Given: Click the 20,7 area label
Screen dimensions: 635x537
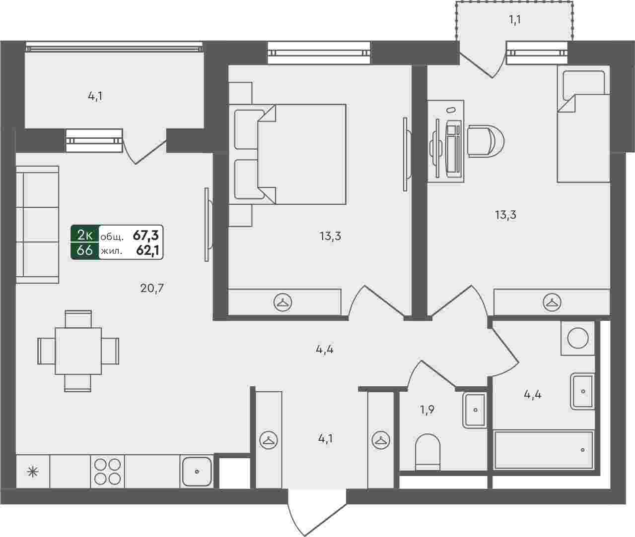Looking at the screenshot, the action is (152, 289).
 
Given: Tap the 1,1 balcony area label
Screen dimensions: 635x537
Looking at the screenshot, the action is (515, 20).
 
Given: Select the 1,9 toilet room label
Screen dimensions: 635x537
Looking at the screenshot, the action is (426, 410).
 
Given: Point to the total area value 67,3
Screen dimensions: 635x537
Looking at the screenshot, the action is (145, 236).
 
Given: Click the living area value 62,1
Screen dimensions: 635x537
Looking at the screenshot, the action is (147, 251).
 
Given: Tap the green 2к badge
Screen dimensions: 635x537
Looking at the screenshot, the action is (85, 235).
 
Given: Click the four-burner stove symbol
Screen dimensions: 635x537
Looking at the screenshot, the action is (107, 472).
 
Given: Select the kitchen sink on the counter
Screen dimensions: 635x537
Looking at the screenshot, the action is (197, 472).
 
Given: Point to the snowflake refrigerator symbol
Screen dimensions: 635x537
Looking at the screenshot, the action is (33, 472).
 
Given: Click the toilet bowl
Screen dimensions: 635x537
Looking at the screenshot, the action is (427, 453).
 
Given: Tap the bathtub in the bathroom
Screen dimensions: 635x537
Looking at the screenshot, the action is (544, 450).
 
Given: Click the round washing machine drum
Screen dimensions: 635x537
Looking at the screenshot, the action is (578, 338).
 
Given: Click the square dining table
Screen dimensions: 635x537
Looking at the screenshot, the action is (78, 351).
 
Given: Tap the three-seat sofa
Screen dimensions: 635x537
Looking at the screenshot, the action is (37, 225).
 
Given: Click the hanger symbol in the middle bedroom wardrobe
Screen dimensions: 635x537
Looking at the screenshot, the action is (282, 302).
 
